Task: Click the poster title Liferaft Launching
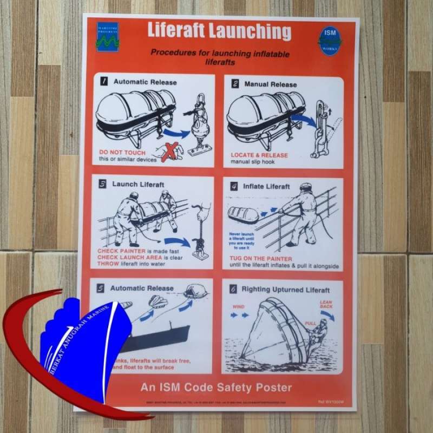click(219, 32)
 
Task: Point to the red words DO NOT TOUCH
click(122, 153)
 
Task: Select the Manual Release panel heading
click(270, 84)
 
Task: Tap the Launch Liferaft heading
click(138, 184)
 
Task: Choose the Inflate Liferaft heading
click(266, 187)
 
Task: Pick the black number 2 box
click(235, 84)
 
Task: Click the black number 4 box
click(234, 187)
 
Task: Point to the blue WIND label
click(238, 306)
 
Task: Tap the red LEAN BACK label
click(325, 305)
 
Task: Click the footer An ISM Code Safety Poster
click(216, 388)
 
